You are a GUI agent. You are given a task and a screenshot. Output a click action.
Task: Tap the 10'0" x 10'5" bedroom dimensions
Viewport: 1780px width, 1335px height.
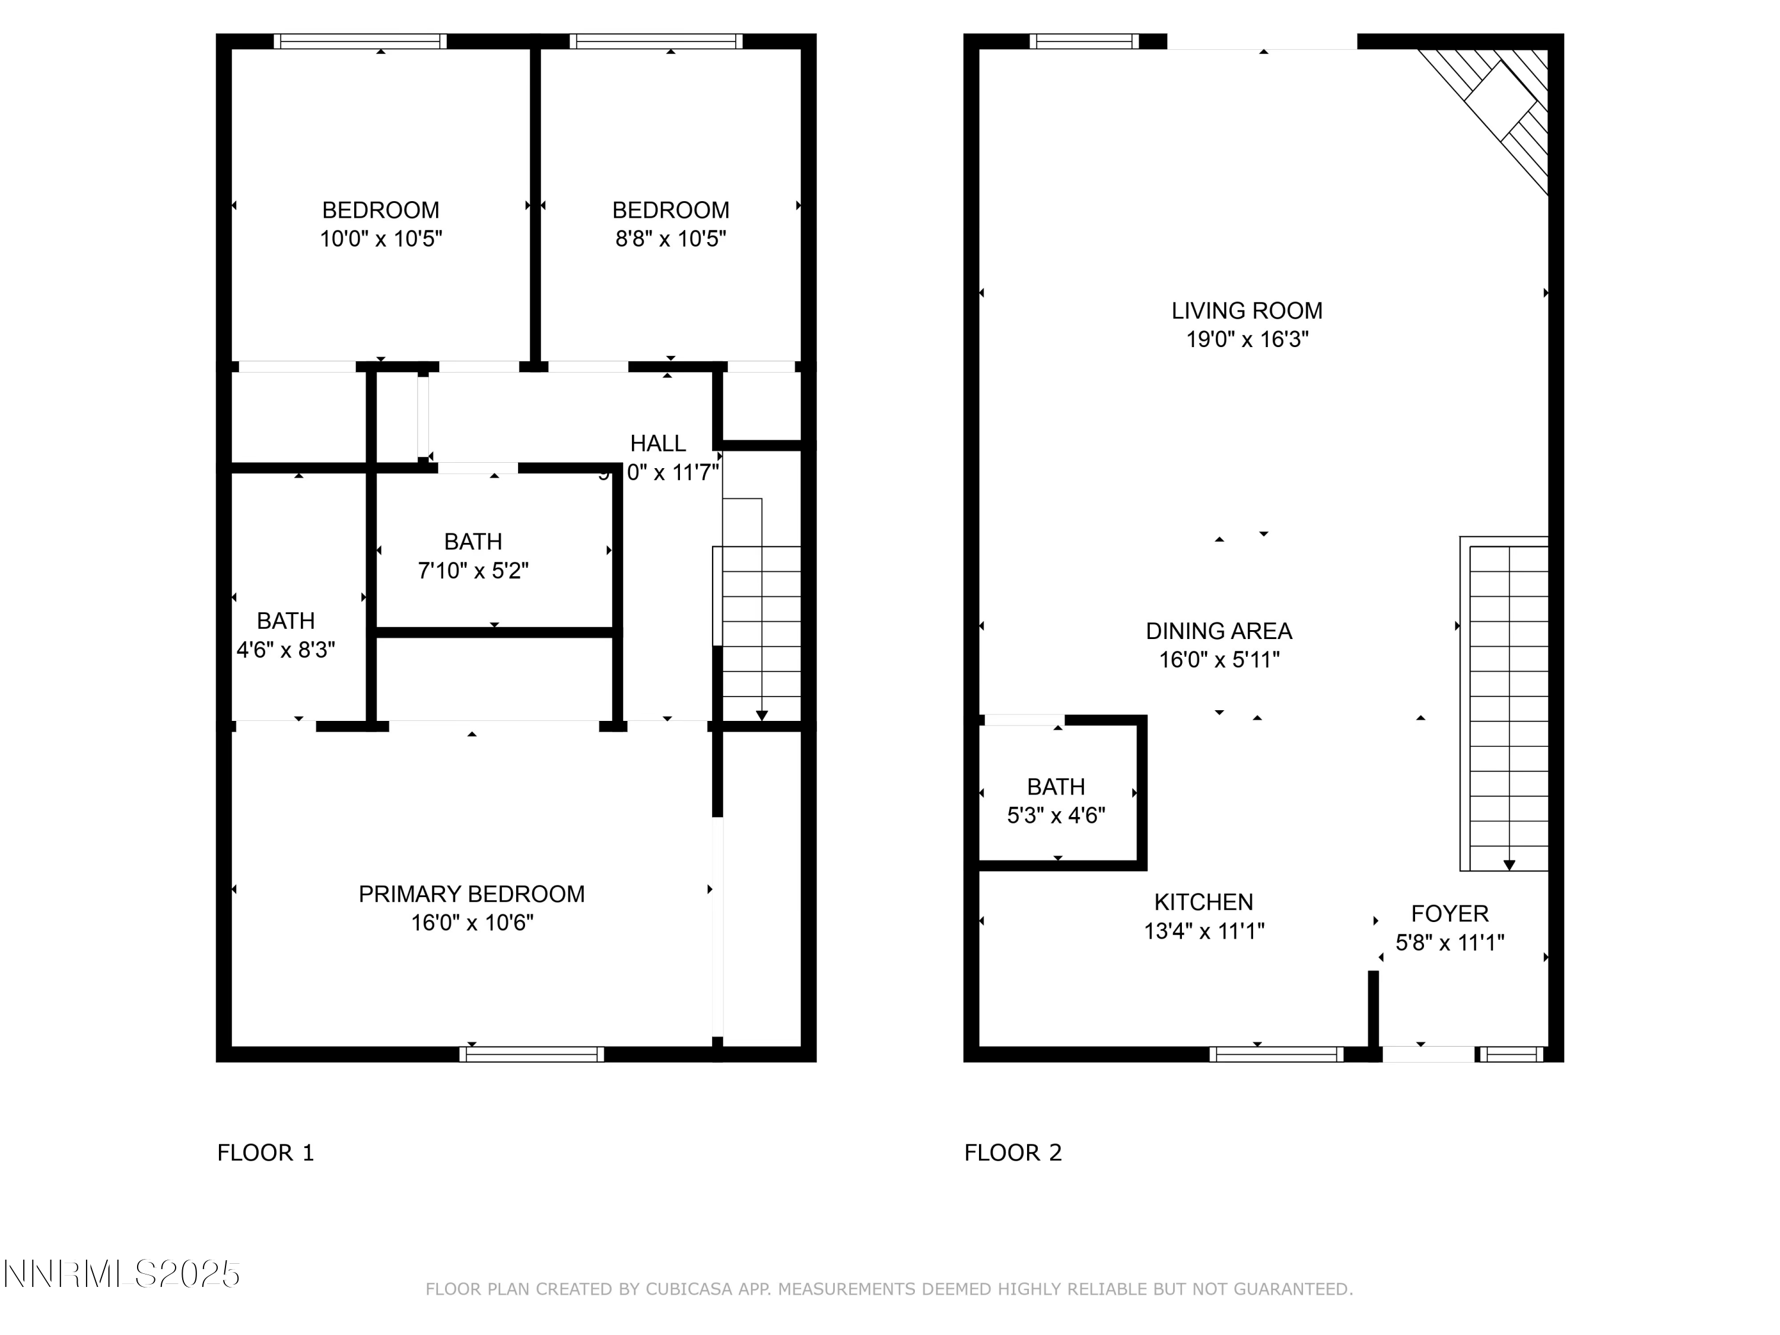[x=381, y=239]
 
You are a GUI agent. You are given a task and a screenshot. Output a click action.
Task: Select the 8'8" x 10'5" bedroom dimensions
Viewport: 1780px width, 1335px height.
[x=670, y=239]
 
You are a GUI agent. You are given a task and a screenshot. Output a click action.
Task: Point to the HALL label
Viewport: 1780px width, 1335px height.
[x=657, y=443]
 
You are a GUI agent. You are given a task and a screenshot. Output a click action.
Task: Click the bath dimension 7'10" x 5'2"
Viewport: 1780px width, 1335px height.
[x=472, y=571]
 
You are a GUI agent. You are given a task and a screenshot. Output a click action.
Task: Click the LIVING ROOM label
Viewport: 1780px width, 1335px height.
[x=1247, y=311]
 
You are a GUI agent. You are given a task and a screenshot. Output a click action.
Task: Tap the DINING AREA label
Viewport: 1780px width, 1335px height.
[x=1218, y=631]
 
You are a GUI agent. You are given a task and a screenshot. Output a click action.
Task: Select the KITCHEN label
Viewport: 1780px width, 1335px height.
[x=1203, y=902]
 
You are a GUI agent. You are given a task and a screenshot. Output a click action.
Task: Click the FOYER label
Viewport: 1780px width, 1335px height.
[x=1450, y=913]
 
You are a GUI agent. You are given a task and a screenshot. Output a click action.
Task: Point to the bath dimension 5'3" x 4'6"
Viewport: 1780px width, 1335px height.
[x=1056, y=815]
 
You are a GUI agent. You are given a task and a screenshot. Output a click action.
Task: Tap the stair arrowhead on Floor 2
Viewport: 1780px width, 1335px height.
[x=1509, y=865]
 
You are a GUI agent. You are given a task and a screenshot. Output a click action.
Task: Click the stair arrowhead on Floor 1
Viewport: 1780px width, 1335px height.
[x=761, y=716]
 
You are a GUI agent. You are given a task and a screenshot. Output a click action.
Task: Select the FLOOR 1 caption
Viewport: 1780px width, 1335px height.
[x=266, y=1152]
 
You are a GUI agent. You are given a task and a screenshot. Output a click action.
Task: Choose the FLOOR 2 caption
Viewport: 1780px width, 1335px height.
[x=1012, y=1152]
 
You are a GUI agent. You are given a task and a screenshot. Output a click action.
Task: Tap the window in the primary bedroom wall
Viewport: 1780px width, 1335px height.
[x=531, y=1054]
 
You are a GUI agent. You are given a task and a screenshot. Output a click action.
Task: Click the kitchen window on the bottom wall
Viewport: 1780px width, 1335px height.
[x=1276, y=1054]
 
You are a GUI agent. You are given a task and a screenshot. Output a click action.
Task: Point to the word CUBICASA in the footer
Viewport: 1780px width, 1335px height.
[x=689, y=1289]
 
